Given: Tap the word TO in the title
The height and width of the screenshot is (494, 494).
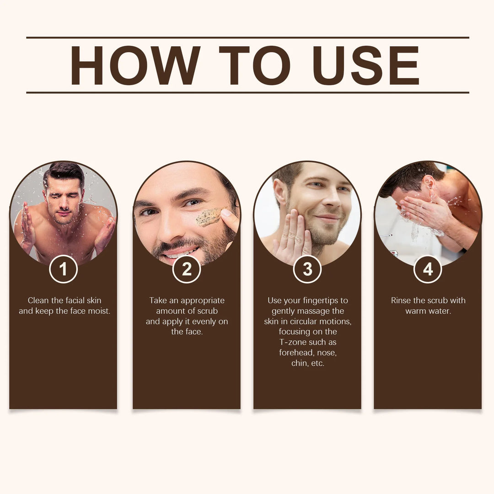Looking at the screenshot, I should tap(254, 65).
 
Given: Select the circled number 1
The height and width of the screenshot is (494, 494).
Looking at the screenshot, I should tap(63, 269).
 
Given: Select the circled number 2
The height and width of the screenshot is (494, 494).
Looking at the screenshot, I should tap(187, 269).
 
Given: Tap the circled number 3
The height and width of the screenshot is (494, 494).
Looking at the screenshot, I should tap(307, 269).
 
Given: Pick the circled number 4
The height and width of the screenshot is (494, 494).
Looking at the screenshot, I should tap(428, 269).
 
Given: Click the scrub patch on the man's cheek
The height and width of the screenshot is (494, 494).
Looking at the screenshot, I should tap(209, 217).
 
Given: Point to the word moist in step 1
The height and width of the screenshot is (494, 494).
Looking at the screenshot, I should tap(99, 311).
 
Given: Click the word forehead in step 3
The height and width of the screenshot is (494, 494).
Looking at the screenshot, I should tap(296, 353).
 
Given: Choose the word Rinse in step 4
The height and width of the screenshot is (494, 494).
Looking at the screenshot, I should tap(401, 301).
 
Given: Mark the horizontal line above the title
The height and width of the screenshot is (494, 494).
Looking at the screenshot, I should tap(247, 38).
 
